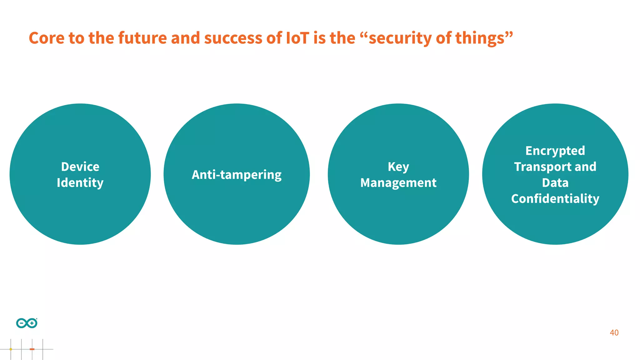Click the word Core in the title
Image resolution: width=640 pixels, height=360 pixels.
click(47, 38)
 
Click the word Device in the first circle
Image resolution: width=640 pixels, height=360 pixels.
click(80, 167)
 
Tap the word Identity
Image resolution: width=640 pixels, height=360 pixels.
click(80, 183)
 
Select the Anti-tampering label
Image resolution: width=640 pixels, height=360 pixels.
click(237, 175)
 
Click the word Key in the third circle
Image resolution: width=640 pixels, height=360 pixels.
click(398, 167)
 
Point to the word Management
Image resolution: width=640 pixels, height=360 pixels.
click(398, 183)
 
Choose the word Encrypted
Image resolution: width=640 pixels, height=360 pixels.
click(555, 151)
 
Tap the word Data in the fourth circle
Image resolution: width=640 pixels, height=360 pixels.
click(555, 183)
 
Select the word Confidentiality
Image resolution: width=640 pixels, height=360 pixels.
click(555, 199)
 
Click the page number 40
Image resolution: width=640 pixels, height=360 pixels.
click(614, 333)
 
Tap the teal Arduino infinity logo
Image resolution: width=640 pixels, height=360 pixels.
click(27, 323)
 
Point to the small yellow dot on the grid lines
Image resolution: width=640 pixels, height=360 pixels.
click(11, 349)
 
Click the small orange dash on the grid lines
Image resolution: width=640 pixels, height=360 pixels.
click(32, 349)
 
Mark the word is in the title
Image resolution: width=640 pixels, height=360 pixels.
click(319, 38)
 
